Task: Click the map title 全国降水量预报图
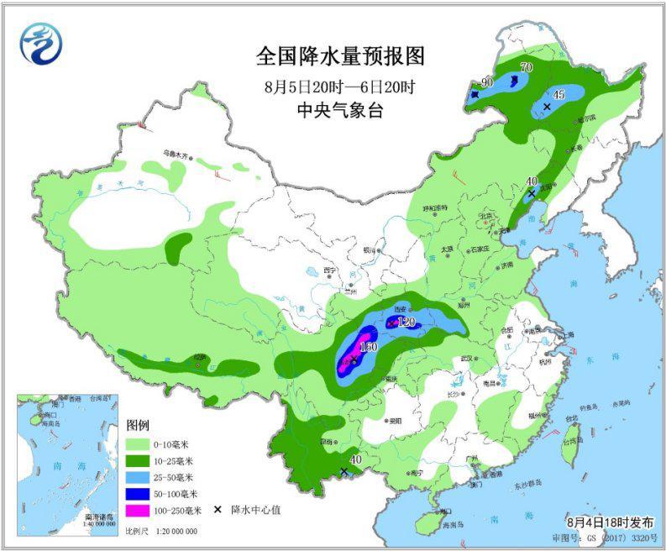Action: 341,57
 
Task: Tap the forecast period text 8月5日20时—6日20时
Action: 340,87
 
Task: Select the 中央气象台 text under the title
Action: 340,110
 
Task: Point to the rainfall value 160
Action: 369,347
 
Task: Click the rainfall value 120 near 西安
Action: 407,322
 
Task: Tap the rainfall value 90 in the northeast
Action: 485,82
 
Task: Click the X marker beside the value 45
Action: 547,107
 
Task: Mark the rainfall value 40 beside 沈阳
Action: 531,181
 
